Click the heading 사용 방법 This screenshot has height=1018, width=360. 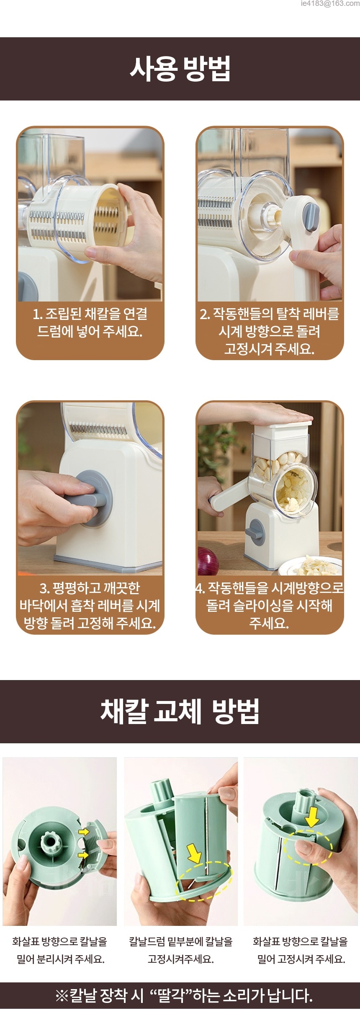point(180,69)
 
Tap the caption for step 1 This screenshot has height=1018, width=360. point(90,323)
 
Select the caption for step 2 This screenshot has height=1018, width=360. point(270,331)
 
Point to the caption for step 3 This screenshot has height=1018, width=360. point(90,606)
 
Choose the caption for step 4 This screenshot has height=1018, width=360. point(270,606)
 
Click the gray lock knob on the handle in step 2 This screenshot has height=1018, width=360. point(310,216)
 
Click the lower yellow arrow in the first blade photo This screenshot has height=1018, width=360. point(84,854)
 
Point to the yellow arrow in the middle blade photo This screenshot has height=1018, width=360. point(194,853)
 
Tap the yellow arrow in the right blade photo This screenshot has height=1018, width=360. point(311,817)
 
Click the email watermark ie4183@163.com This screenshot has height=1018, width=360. point(330,4)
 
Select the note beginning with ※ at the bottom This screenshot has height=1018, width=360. point(184,995)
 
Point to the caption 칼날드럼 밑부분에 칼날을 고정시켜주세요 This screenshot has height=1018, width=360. point(180,950)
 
